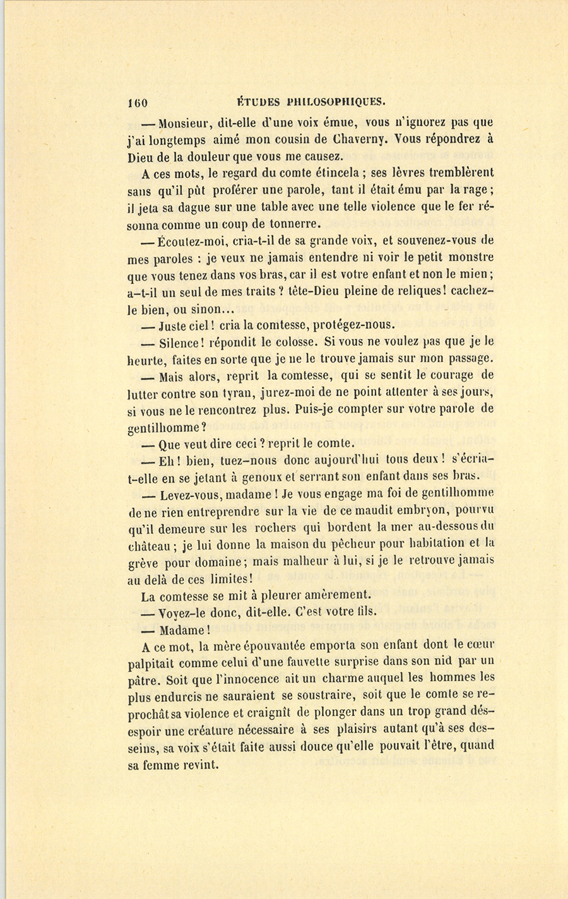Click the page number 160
point(137,102)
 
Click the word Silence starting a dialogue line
point(181,343)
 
